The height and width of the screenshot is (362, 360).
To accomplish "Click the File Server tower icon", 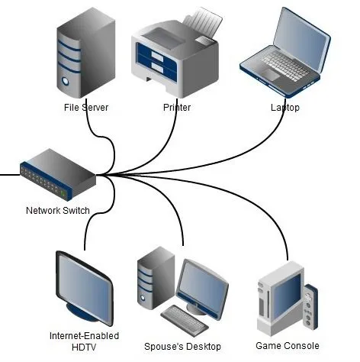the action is (x=86, y=53).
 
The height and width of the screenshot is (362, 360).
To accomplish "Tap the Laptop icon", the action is (x=285, y=52).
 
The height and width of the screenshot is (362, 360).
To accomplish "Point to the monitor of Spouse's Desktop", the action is (x=202, y=289).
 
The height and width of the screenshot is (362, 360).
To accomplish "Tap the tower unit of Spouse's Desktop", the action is (x=156, y=277).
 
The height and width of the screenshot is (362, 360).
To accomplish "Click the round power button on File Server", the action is (x=66, y=81).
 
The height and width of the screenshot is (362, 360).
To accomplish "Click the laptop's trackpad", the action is (x=271, y=75).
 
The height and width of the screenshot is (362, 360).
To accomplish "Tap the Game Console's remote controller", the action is (x=310, y=307).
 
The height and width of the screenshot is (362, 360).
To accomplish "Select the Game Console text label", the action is (x=288, y=346).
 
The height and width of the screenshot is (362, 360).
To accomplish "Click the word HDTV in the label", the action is (x=84, y=347).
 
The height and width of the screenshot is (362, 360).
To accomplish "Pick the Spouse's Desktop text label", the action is (x=182, y=347).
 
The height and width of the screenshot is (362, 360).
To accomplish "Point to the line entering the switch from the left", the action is (x=10, y=175).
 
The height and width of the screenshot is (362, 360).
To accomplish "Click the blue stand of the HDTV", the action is (x=81, y=311).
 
